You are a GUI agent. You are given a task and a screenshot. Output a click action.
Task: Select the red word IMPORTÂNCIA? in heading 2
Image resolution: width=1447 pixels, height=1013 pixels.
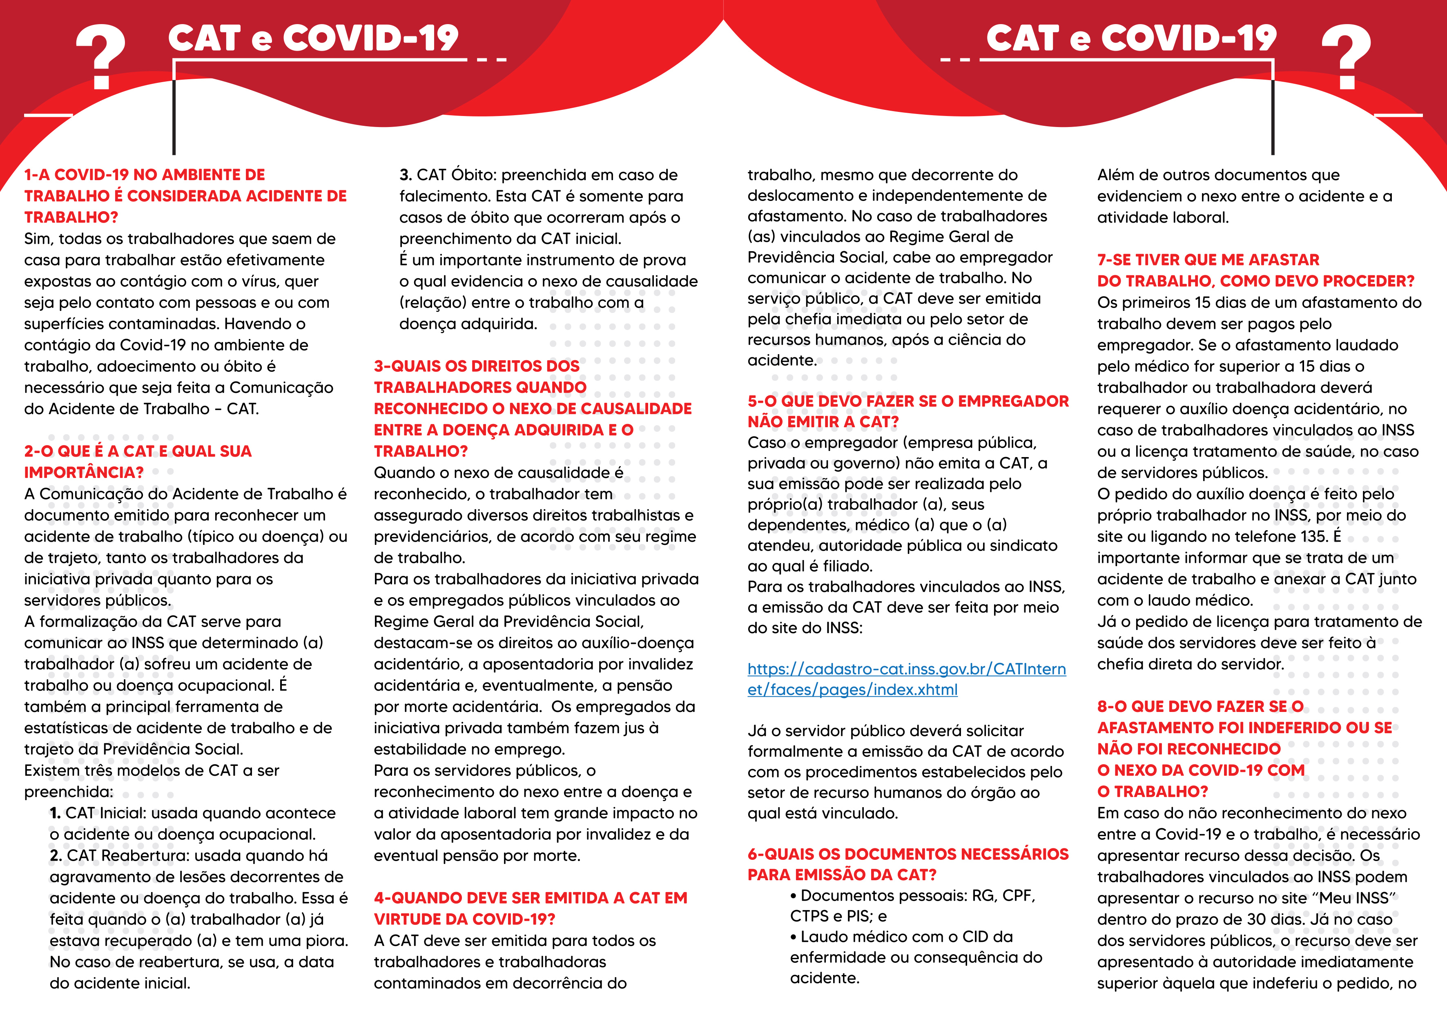(84, 472)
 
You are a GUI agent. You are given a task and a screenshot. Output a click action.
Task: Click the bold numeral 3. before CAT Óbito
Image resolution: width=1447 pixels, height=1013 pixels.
(405, 174)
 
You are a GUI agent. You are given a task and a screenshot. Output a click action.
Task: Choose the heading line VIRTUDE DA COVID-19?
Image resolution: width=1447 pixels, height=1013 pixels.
(464, 919)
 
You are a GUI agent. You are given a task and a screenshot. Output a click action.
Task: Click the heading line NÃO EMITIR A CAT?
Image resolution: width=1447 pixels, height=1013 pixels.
(823, 422)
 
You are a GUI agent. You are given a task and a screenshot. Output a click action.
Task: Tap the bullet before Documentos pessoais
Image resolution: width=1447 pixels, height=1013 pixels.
(794, 896)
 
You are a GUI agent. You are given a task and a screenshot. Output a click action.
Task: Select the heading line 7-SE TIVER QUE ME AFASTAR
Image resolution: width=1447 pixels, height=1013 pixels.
(1208, 260)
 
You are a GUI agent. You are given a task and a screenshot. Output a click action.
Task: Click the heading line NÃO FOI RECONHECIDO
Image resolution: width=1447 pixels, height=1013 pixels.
(1188, 749)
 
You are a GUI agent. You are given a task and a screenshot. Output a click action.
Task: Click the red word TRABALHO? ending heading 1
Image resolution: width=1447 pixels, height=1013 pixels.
(71, 217)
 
